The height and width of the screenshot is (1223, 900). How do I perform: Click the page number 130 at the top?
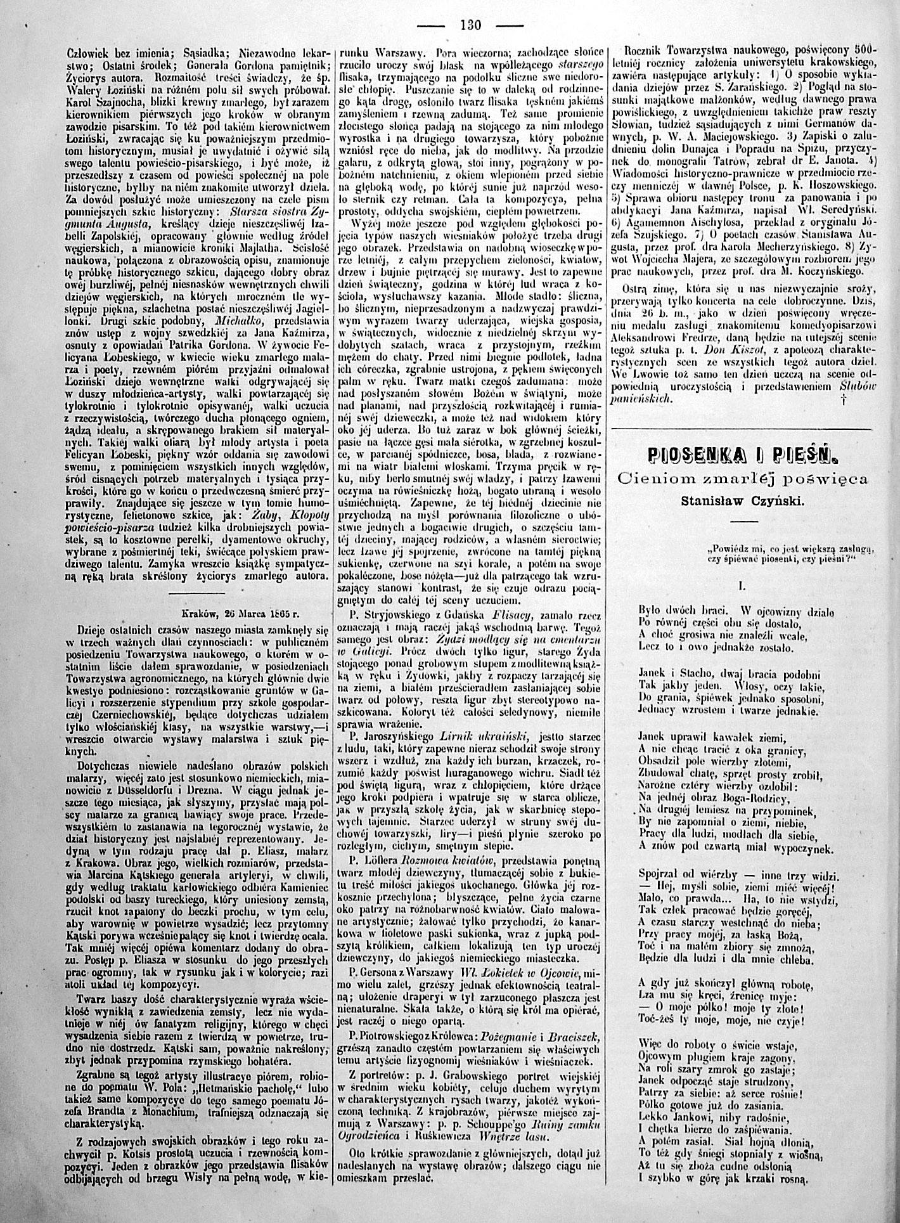470,26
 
